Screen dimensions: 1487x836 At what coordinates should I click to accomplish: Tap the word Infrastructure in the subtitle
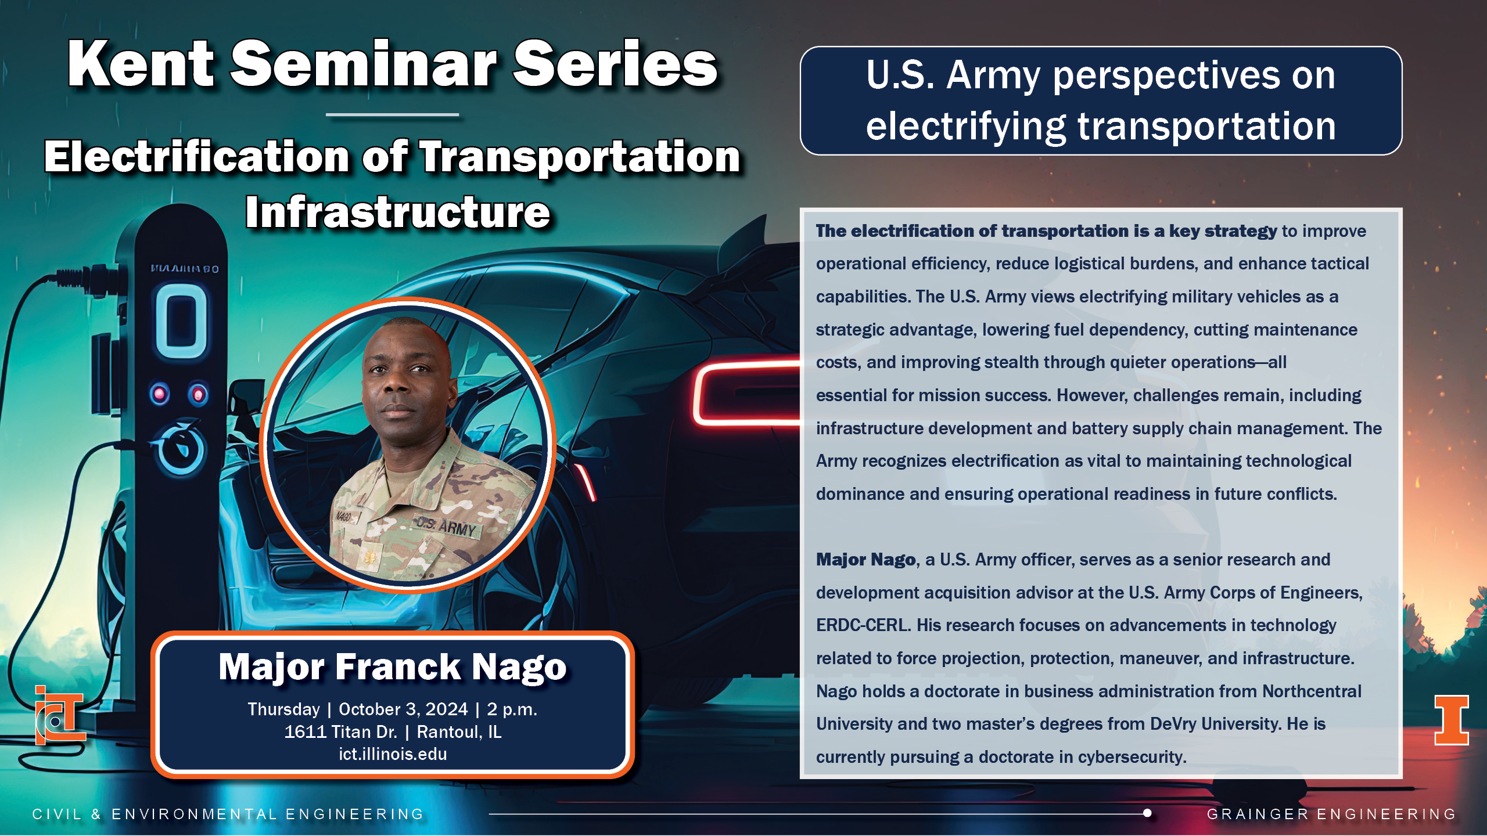coord(398,212)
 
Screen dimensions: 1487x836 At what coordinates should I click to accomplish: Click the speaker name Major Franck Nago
coord(393,666)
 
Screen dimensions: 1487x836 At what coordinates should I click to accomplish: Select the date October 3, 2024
coord(403,709)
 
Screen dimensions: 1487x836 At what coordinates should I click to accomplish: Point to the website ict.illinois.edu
coord(393,754)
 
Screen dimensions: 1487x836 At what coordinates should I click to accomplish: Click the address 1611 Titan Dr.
coord(340,732)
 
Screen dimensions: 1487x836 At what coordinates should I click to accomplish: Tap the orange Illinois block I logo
coord(1452,720)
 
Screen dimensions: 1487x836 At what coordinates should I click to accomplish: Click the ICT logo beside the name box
coord(59,715)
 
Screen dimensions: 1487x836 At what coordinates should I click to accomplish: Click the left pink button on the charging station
coord(160,394)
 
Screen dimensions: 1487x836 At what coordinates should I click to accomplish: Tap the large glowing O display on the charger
coord(181,321)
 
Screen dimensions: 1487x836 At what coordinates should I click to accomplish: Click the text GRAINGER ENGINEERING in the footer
coord(1331,814)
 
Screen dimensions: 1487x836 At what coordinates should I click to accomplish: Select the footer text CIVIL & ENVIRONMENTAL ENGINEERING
coord(228,814)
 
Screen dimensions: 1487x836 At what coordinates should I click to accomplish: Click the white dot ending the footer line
coord(1147,813)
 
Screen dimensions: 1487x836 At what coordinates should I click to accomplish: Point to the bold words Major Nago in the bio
coord(865,560)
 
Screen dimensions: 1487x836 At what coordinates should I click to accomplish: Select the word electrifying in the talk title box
coord(966,127)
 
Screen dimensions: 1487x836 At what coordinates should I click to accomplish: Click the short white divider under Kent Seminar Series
coord(393,115)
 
